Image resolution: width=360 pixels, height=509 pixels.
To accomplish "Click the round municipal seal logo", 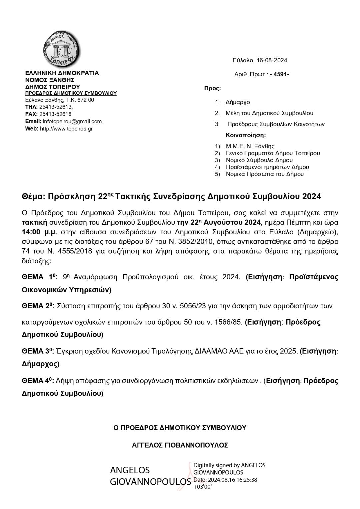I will coord(62,49).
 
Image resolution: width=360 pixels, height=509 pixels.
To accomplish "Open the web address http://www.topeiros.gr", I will coord(66,129).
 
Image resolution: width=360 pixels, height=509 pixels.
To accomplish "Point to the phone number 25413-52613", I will coord(56,107).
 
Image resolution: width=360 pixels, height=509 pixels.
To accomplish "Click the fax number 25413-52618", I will coord(55,114).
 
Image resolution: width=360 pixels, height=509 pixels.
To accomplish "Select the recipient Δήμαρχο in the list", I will coord(237,102).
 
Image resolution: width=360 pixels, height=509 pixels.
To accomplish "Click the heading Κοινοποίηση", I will coord(246,135).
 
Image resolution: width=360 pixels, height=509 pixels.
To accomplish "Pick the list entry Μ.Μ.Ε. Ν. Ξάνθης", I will coord(250,146).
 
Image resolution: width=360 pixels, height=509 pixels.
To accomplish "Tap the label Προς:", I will coord(212,88).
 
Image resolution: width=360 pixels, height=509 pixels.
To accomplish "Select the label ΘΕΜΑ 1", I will coord(38,277).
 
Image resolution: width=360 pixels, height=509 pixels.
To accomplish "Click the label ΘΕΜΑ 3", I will coord(38,351).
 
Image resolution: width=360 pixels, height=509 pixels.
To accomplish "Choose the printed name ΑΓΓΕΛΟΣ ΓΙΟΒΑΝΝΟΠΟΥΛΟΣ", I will coord(180,445).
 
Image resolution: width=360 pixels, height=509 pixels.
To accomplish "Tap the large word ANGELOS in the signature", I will coord(130,470).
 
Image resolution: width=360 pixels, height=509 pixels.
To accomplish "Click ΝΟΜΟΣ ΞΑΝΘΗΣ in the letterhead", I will coord(50,80).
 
